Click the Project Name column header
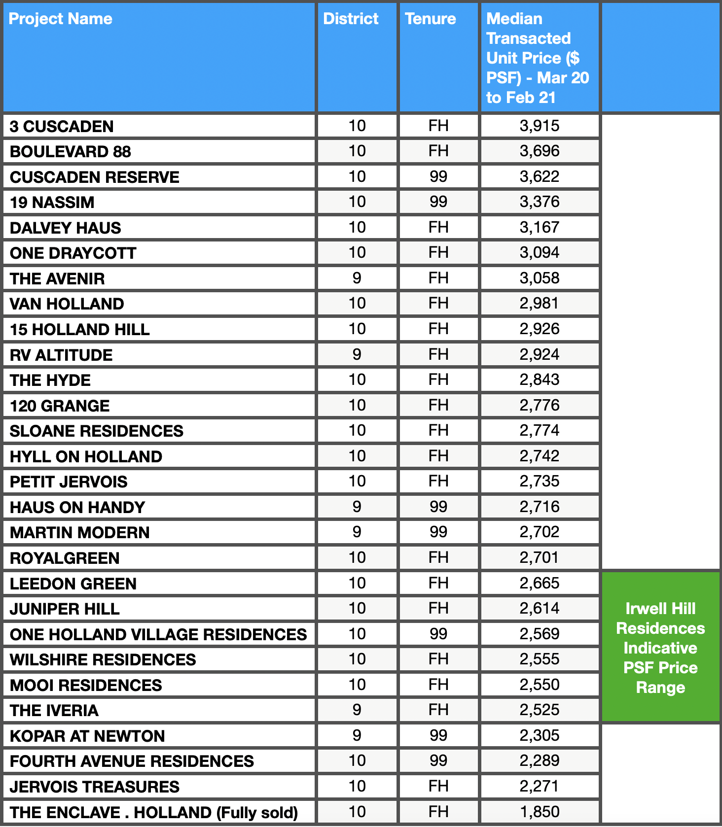point(61,19)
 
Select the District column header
point(351,19)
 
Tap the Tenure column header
point(430,19)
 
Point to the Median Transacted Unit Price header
point(537,58)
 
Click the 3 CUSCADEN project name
point(62,127)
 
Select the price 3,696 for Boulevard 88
point(539,151)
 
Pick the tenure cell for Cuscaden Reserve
point(438,176)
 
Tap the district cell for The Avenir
point(357,278)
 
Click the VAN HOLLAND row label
point(67,304)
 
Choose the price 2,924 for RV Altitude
point(539,354)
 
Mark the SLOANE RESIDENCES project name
point(97,431)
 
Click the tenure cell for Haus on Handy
point(438,507)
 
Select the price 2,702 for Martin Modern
point(539,532)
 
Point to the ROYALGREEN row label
point(65,558)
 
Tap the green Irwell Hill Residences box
point(660,647)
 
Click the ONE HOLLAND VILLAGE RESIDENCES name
point(158,635)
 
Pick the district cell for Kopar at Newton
point(357,735)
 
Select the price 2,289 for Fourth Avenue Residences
point(539,760)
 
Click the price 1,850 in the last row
point(539,812)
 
